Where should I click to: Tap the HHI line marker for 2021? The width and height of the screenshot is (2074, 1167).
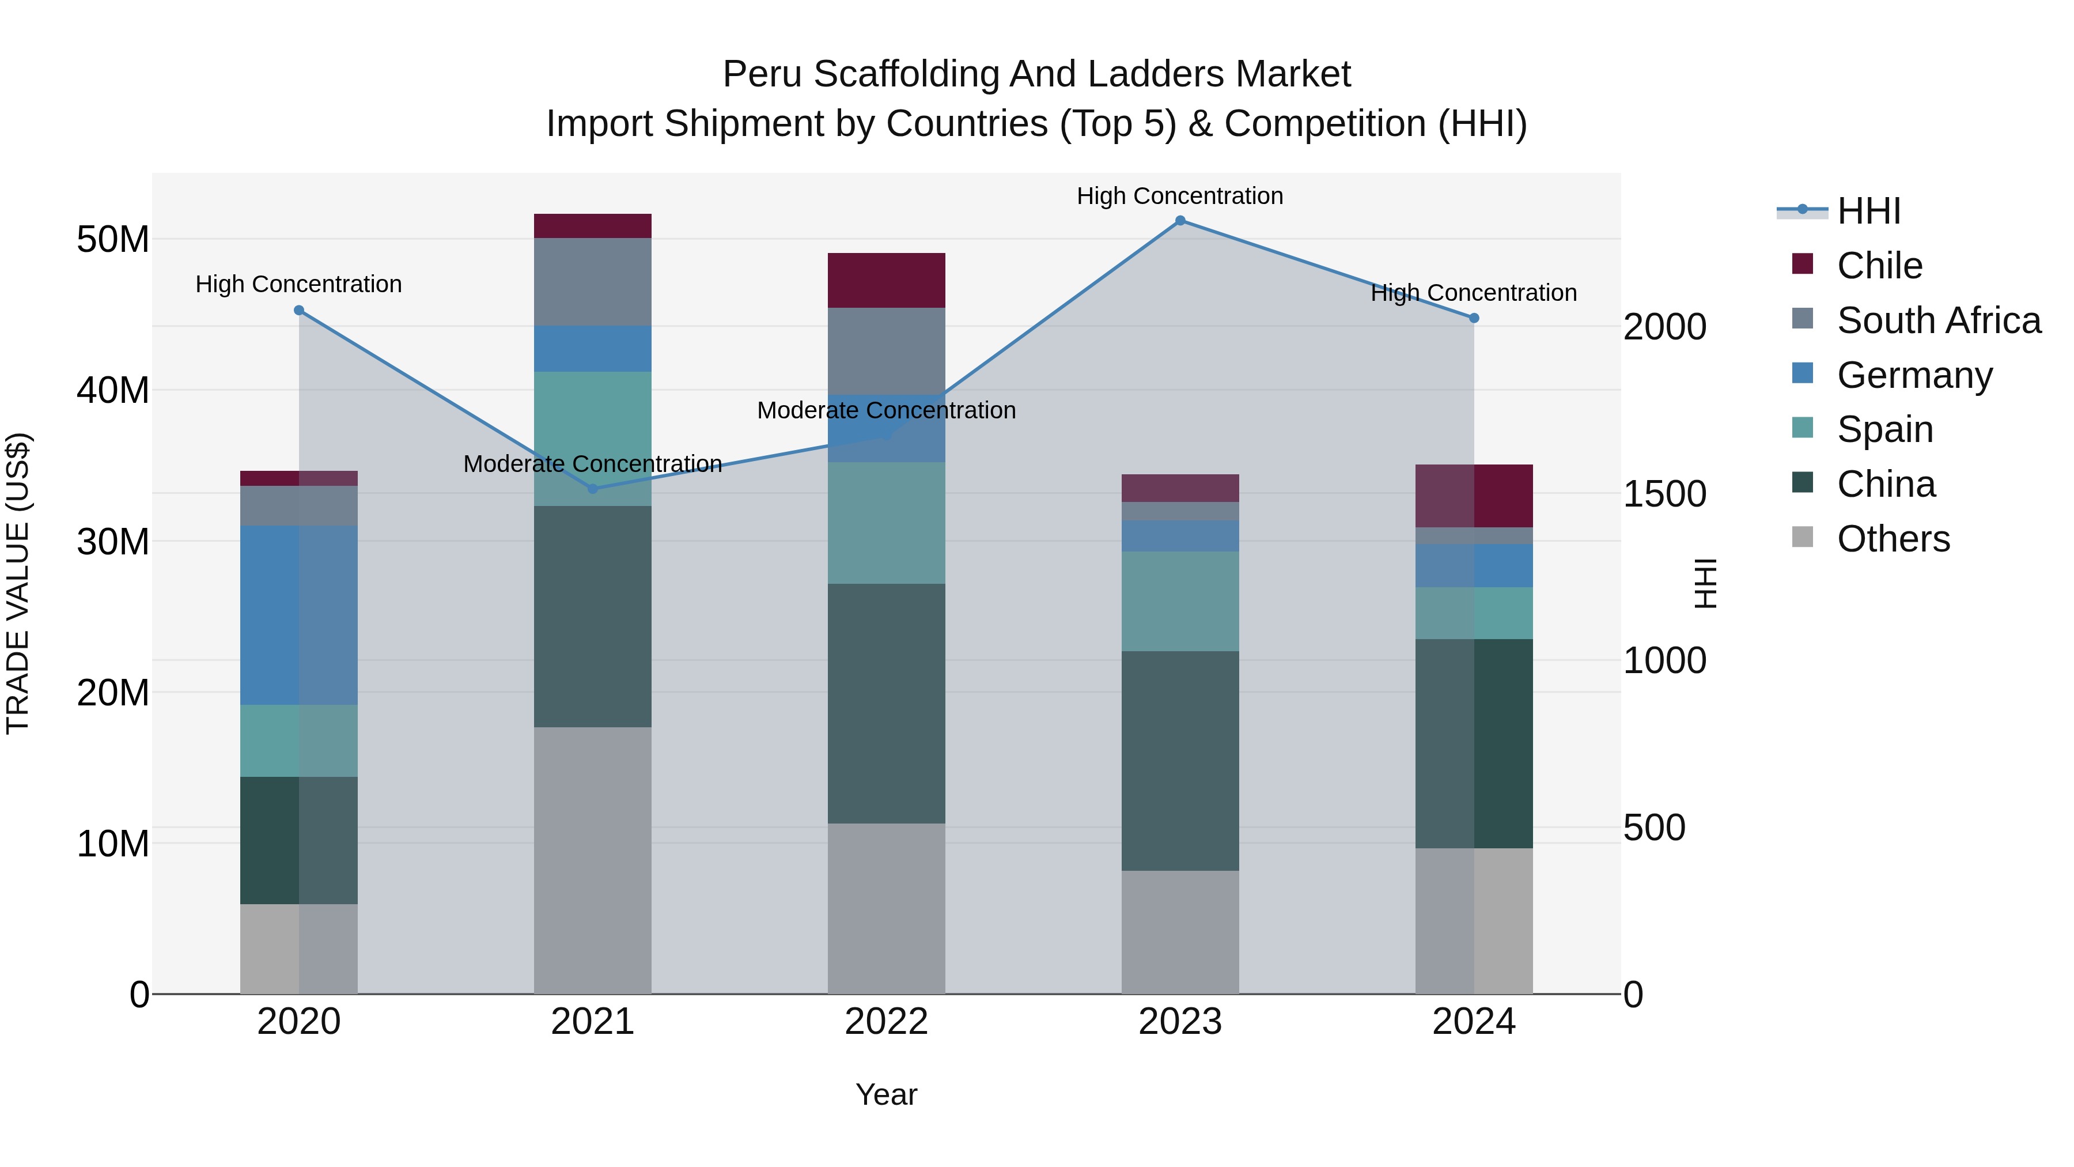(593, 489)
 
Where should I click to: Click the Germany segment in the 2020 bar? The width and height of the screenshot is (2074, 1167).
(298, 615)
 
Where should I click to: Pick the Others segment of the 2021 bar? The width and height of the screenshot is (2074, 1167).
(593, 860)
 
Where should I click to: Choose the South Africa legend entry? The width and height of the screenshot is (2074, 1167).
(1938, 320)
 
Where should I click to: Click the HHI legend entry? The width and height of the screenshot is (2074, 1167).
(1868, 211)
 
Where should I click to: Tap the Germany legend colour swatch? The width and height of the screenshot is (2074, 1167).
(1802, 373)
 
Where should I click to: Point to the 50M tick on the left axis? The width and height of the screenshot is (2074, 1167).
(113, 240)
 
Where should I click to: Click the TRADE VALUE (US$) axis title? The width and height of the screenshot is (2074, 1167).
(18, 583)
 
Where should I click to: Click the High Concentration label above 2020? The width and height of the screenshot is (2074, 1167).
(298, 284)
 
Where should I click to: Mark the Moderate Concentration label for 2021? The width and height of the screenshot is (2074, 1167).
(593, 464)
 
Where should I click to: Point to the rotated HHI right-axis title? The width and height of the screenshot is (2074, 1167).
(1705, 583)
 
